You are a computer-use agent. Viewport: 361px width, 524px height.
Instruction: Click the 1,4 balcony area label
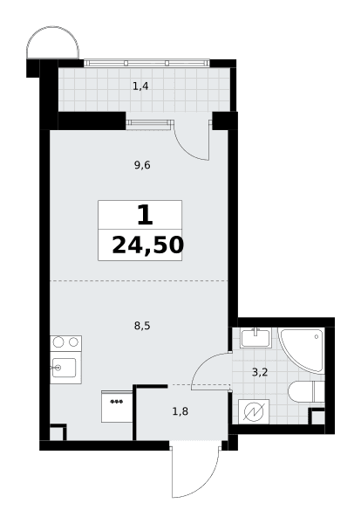click(x=140, y=86)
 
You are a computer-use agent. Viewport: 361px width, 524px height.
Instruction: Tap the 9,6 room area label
click(x=142, y=165)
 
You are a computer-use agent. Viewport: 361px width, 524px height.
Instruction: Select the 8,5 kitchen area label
click(x=142, y=326)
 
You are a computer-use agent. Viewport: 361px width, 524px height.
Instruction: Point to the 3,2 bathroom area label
click(x=260, y=372)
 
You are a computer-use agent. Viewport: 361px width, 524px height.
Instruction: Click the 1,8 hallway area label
click(x=180, y=411)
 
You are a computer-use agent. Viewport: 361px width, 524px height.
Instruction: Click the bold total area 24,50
click(x=148, y=245)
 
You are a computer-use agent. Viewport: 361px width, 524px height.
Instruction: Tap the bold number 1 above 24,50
click(x=145, y=216)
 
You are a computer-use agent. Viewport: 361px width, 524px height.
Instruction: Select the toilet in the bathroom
click(x=306, y=391)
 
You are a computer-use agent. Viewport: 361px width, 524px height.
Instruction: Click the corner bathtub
click(x=302, y=349)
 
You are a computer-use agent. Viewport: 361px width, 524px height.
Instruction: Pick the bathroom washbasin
click(x=255, y=338)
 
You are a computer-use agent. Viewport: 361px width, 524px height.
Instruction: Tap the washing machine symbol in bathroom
click(x=254, y=411)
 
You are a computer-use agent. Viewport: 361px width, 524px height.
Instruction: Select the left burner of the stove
click(x=58, y=341)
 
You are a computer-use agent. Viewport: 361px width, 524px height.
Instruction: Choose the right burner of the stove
click(x=74, y=341)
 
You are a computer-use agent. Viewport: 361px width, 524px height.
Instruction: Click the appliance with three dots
click(x=117, y=406)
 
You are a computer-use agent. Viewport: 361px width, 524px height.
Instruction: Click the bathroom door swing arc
click(x=201, y=362)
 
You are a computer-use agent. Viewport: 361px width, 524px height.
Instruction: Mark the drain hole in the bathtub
click(x=316, y=337)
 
